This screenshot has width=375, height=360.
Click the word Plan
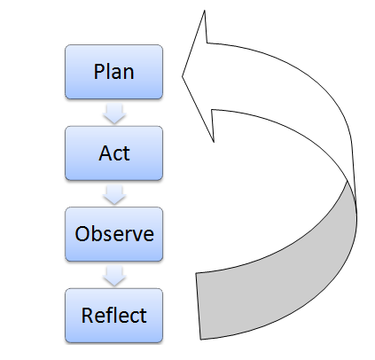[x=113, y=72]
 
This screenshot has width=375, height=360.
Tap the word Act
[x=114, y=153]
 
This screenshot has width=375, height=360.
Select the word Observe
[x=114, y=234]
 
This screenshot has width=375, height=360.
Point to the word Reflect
[x=113, y=315]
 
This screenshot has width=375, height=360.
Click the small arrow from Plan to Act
[x=114, y=113]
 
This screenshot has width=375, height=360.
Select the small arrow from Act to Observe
[x=114, y=195]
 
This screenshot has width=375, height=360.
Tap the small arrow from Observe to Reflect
[x=114, y=276]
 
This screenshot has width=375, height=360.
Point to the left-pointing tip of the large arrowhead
[x=182, y=76]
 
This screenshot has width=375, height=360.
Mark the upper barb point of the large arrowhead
[x=205, y=11]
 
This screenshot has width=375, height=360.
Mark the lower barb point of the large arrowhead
[x=214, y=142]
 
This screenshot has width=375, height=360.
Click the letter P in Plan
[x=98, y=72]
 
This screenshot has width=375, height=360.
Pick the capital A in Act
[x=105, y=153]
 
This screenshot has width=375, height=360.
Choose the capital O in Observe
[x=82, y=234]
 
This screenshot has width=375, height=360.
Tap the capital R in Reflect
[x=87, y=315]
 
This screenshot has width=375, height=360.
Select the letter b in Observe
[x=98, y=234]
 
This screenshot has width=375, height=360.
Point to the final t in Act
[x=127, y=153]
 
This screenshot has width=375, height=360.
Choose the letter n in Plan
[x=129, y=74]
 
